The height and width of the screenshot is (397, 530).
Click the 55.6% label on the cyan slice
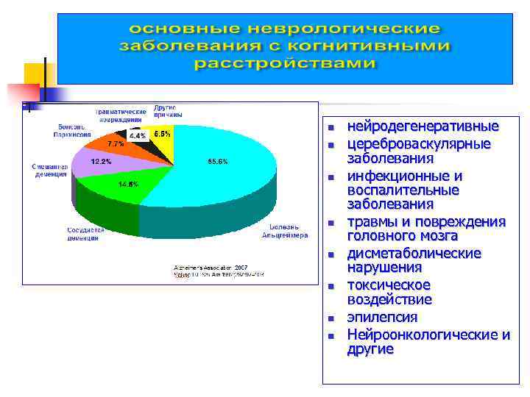point(218,161)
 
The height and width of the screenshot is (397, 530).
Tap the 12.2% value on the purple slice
point(101,161)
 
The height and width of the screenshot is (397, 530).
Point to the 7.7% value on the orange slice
point(116,143)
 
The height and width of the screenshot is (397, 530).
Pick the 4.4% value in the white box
point(138,136)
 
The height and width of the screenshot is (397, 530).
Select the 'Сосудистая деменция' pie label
point(86,234)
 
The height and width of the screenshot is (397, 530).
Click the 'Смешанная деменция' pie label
point(50,171)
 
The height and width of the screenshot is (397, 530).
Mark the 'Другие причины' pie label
point(165,111)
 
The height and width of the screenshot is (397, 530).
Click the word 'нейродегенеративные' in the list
point(423,126)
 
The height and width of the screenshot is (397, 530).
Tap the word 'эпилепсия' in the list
point(382,318)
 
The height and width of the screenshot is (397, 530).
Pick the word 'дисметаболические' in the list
point(414,254)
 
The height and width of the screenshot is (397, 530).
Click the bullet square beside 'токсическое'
point(331,287)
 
